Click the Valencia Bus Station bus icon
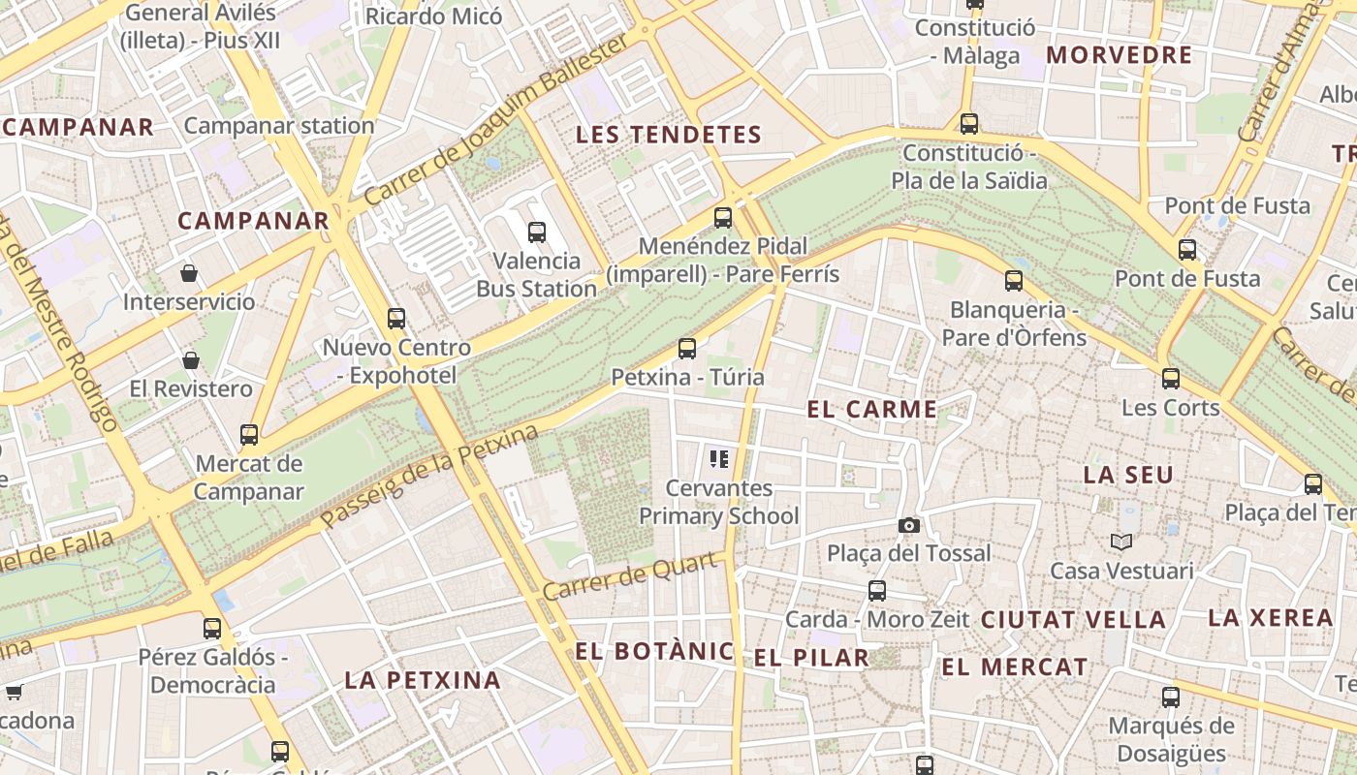coord(537,232)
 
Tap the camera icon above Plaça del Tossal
coord(908,525)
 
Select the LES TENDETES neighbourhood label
coord(669,135)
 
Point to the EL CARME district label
coord(871,410)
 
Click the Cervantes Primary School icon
coord(718,458)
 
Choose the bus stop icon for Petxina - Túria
coord(687,349)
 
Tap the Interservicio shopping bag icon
coord(189,273)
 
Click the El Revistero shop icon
coord(191,360)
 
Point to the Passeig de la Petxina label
coord(429,477)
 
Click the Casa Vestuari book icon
coord(1121,542)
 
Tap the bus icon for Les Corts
coord(1171,379)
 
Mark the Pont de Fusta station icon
coord(1187,250)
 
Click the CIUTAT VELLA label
coord(1073,620)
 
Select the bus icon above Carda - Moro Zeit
coord(877,590)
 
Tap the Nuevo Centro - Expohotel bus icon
coord(395,319)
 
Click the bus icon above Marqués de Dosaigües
coord(1171,697)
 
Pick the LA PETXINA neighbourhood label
coord(423,680)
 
